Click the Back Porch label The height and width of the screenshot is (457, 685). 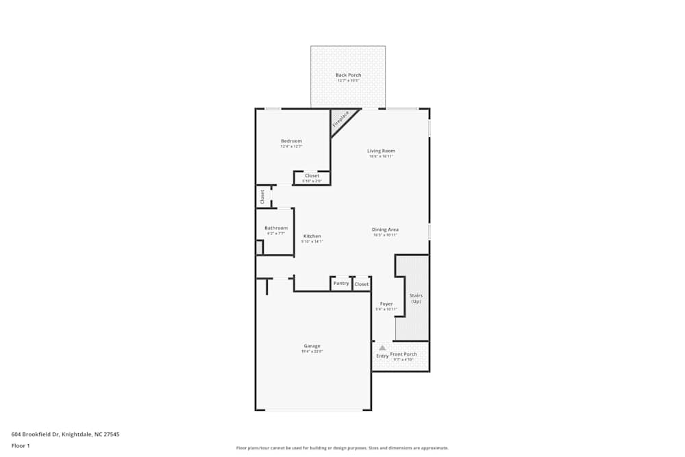[x=348, y=75]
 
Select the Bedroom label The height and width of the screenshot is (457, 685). [x=291, y=141]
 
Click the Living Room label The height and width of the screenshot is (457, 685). [x=381, y=151]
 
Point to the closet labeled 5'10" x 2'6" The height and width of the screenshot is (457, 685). [x=312, y=178]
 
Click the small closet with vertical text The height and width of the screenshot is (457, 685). [x=262, y=197]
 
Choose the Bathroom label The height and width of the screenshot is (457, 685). [x=276, y=228]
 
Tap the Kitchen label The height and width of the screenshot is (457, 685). [x=312, y=236]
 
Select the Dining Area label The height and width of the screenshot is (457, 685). [x=385, y=230]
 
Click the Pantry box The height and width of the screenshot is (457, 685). [x=340, y=283]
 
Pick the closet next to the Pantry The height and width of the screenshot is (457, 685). [x=361, y=284]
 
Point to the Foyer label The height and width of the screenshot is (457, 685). [x=386, y=304]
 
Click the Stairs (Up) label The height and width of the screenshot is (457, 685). [x=416, y=299]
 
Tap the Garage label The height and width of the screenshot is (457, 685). [x=312, y=346]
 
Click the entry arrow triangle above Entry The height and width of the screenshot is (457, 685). [x=382, y=348]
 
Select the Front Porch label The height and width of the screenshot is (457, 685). [x=403, y=354]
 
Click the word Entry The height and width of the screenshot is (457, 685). [x=382, y=356]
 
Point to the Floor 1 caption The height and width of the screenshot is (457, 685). [x=21, y=445]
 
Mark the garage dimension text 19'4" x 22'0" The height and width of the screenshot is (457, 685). [x=312, y=352]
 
